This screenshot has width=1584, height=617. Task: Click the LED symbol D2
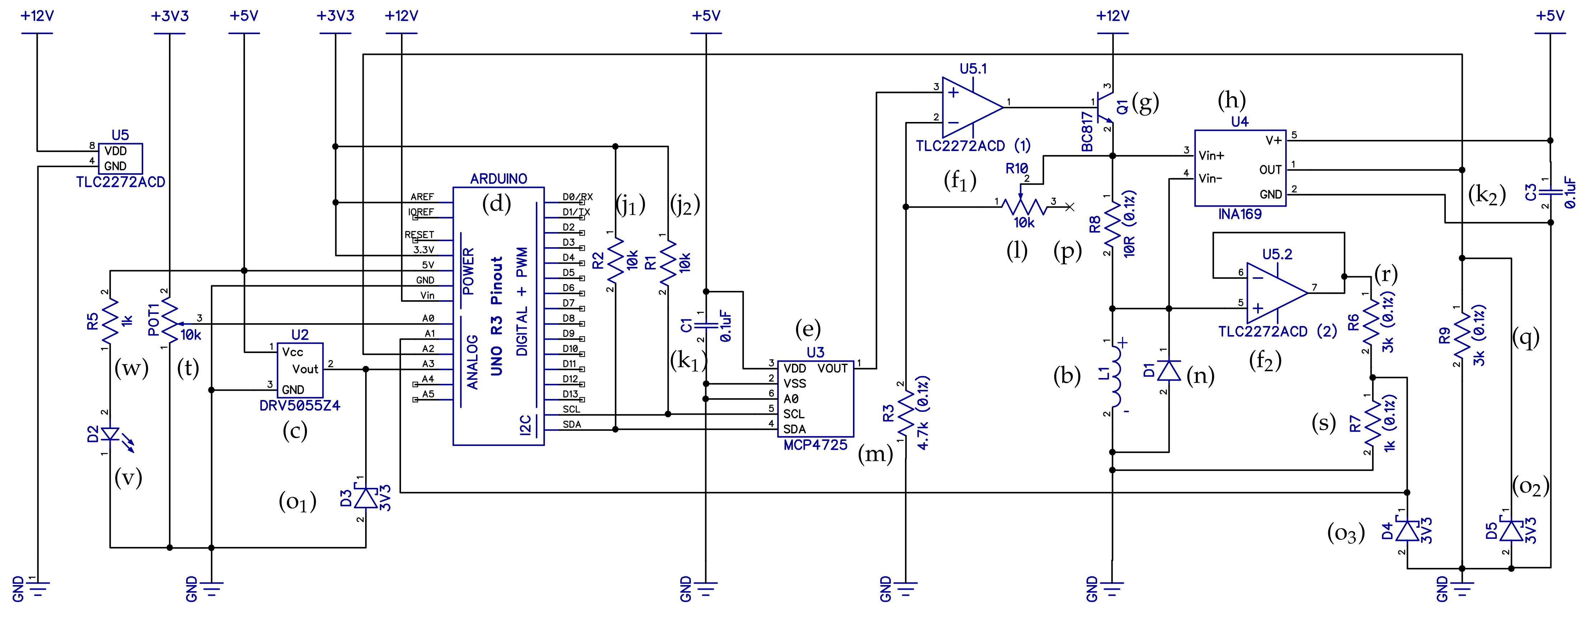coord(111,434)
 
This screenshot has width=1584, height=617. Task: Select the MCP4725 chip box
coord(815,399)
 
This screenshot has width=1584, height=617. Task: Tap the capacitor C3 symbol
coord(1550,193)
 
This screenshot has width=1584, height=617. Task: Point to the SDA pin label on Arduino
coord(571,424)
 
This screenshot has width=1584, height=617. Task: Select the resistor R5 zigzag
coord(110,320)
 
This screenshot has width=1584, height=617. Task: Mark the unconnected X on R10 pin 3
coord(1070,207)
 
